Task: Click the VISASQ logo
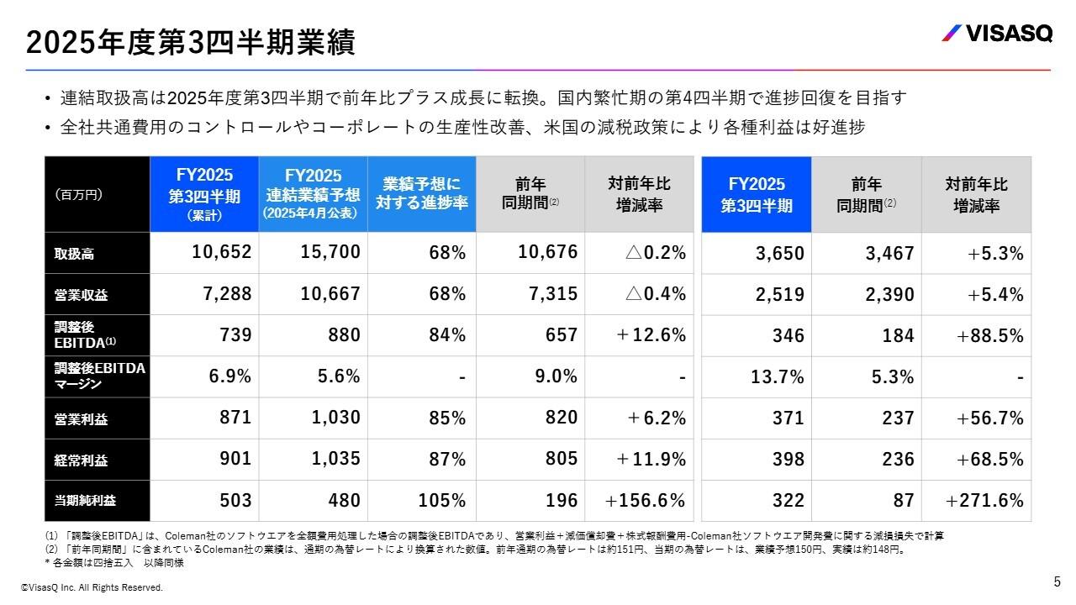tap(996, 34)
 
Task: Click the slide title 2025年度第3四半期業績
tap(190, 42)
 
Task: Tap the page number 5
tap(1057, 581)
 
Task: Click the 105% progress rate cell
tap(441, 501)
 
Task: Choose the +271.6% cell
tap(984, 501)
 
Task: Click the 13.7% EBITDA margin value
tap(778, 376)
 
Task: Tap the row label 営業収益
tap(76, 294)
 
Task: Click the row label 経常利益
tap(76, 460)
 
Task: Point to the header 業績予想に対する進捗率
tap(421, 193)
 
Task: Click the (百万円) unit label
tap(78, 194)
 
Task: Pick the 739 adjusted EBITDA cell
tap(235, 335)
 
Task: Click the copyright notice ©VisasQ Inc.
tap(92, 587)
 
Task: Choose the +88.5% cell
tap(989, 335)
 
